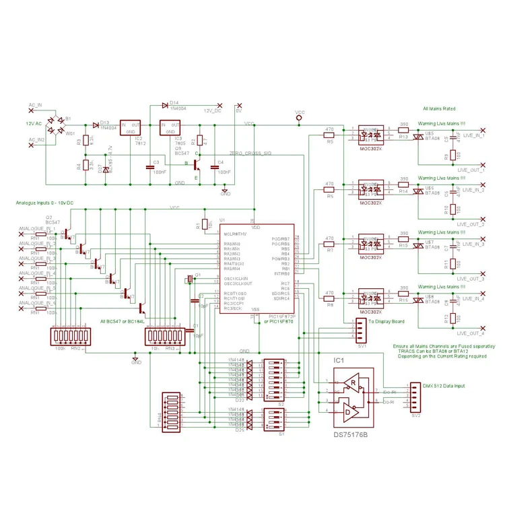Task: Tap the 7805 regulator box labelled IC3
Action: pos(170,128)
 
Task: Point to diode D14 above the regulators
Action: pos(165,104)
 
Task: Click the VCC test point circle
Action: pos(300,119)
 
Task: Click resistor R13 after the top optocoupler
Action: pos(403,131)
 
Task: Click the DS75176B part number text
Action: pos(351,434)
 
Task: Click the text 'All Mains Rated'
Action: pos(439,108)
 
